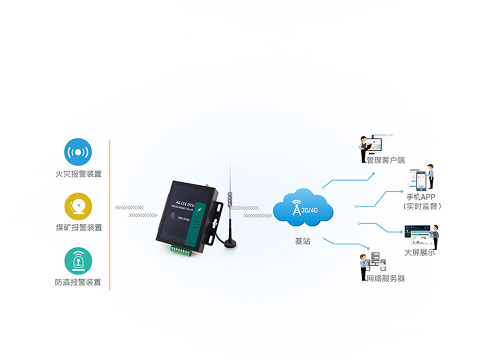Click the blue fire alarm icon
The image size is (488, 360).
point(78,152)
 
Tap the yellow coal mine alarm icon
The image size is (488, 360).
point(78,207)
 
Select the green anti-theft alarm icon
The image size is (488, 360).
point(78,261)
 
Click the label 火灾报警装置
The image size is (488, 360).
point(78,174)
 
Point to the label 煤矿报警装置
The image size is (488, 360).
point(78,228)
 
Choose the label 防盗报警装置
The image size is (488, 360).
point(78,282)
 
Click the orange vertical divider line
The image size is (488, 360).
point(110,215)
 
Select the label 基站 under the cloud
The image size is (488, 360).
point(303,241)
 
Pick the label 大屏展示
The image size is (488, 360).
point(419,253)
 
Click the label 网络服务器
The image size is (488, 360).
point(385,278)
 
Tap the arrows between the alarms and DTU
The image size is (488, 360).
point(130,211)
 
